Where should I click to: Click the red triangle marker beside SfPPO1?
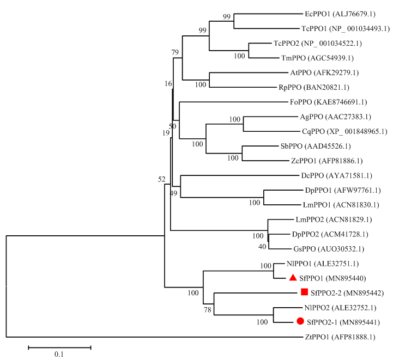click(293, 278)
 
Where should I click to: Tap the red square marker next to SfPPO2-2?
click(304, 292)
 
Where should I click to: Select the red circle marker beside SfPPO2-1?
click(300, 321)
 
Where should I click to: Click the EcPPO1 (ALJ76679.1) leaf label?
click(340, 14)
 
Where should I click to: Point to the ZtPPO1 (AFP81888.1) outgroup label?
click(340, 337)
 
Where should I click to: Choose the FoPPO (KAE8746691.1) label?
click(328, 102)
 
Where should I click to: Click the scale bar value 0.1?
click(59, 354)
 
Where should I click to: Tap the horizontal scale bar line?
click(59, 347)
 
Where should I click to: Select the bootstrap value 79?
click(175, 52)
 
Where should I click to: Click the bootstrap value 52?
click(162, 179)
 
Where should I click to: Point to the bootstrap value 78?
click(208, 310)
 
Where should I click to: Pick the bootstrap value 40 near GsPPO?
click(262, 247)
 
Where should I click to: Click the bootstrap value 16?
click(168, 84)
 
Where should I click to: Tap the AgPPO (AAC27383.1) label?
click(335, 117)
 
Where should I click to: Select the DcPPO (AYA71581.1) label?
click(337, 176)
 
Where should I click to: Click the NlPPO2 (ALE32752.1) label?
click(340, 308)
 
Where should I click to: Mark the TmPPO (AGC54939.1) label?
click(317, 58)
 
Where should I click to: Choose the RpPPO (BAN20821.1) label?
click(314, 88)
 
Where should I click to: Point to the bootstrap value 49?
click(173, 193)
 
